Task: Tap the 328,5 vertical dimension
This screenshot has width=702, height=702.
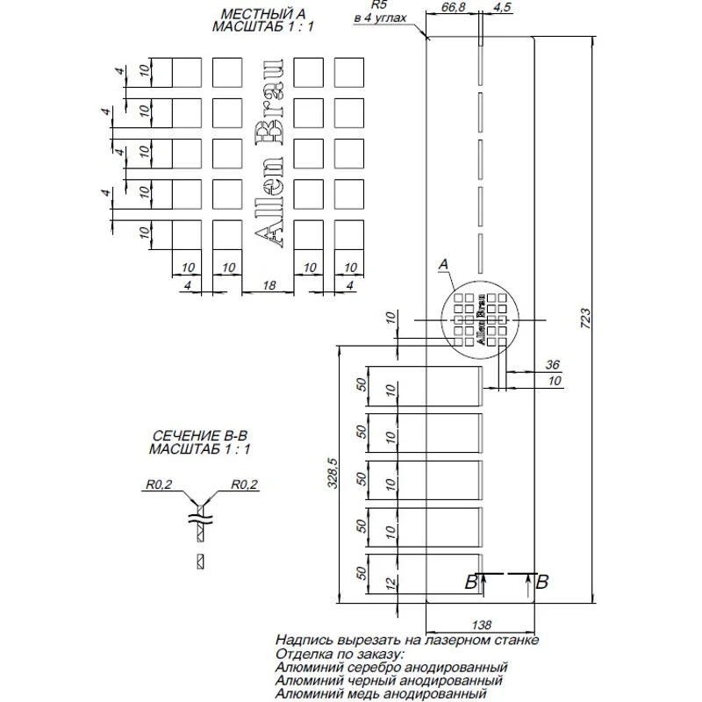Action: pos(333,476)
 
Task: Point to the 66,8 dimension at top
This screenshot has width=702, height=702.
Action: pos(451,8)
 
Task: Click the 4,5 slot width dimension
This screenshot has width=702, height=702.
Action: pos(503,8)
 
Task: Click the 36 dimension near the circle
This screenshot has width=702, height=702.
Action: pos(552,364)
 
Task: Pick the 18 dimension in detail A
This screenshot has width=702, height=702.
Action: pos(269,285)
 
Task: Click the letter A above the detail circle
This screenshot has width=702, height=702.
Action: pos(443,262)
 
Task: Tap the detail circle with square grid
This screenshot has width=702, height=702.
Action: pos(481,319)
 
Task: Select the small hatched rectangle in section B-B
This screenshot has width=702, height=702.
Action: pos(201,561)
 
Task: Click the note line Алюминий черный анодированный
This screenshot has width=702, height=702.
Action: pos(389,680)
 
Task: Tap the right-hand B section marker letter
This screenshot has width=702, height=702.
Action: pos(542,580)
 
